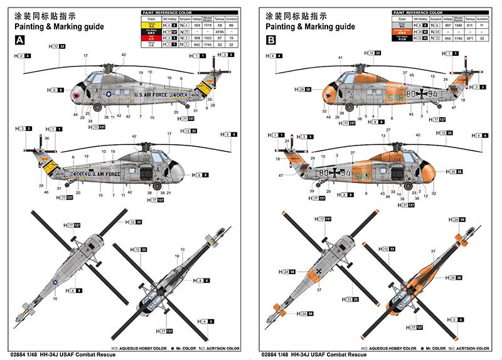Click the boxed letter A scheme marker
click(x=20, y=40)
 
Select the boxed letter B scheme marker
click(x=271, y=40)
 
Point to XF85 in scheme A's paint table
click(x=220, y=30)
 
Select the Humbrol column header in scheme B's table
click(x=483, y=18)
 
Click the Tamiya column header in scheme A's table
click(x=220, y=18)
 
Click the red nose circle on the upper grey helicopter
click(x=77, y=97)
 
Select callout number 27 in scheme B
click(x=388, y=130)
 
